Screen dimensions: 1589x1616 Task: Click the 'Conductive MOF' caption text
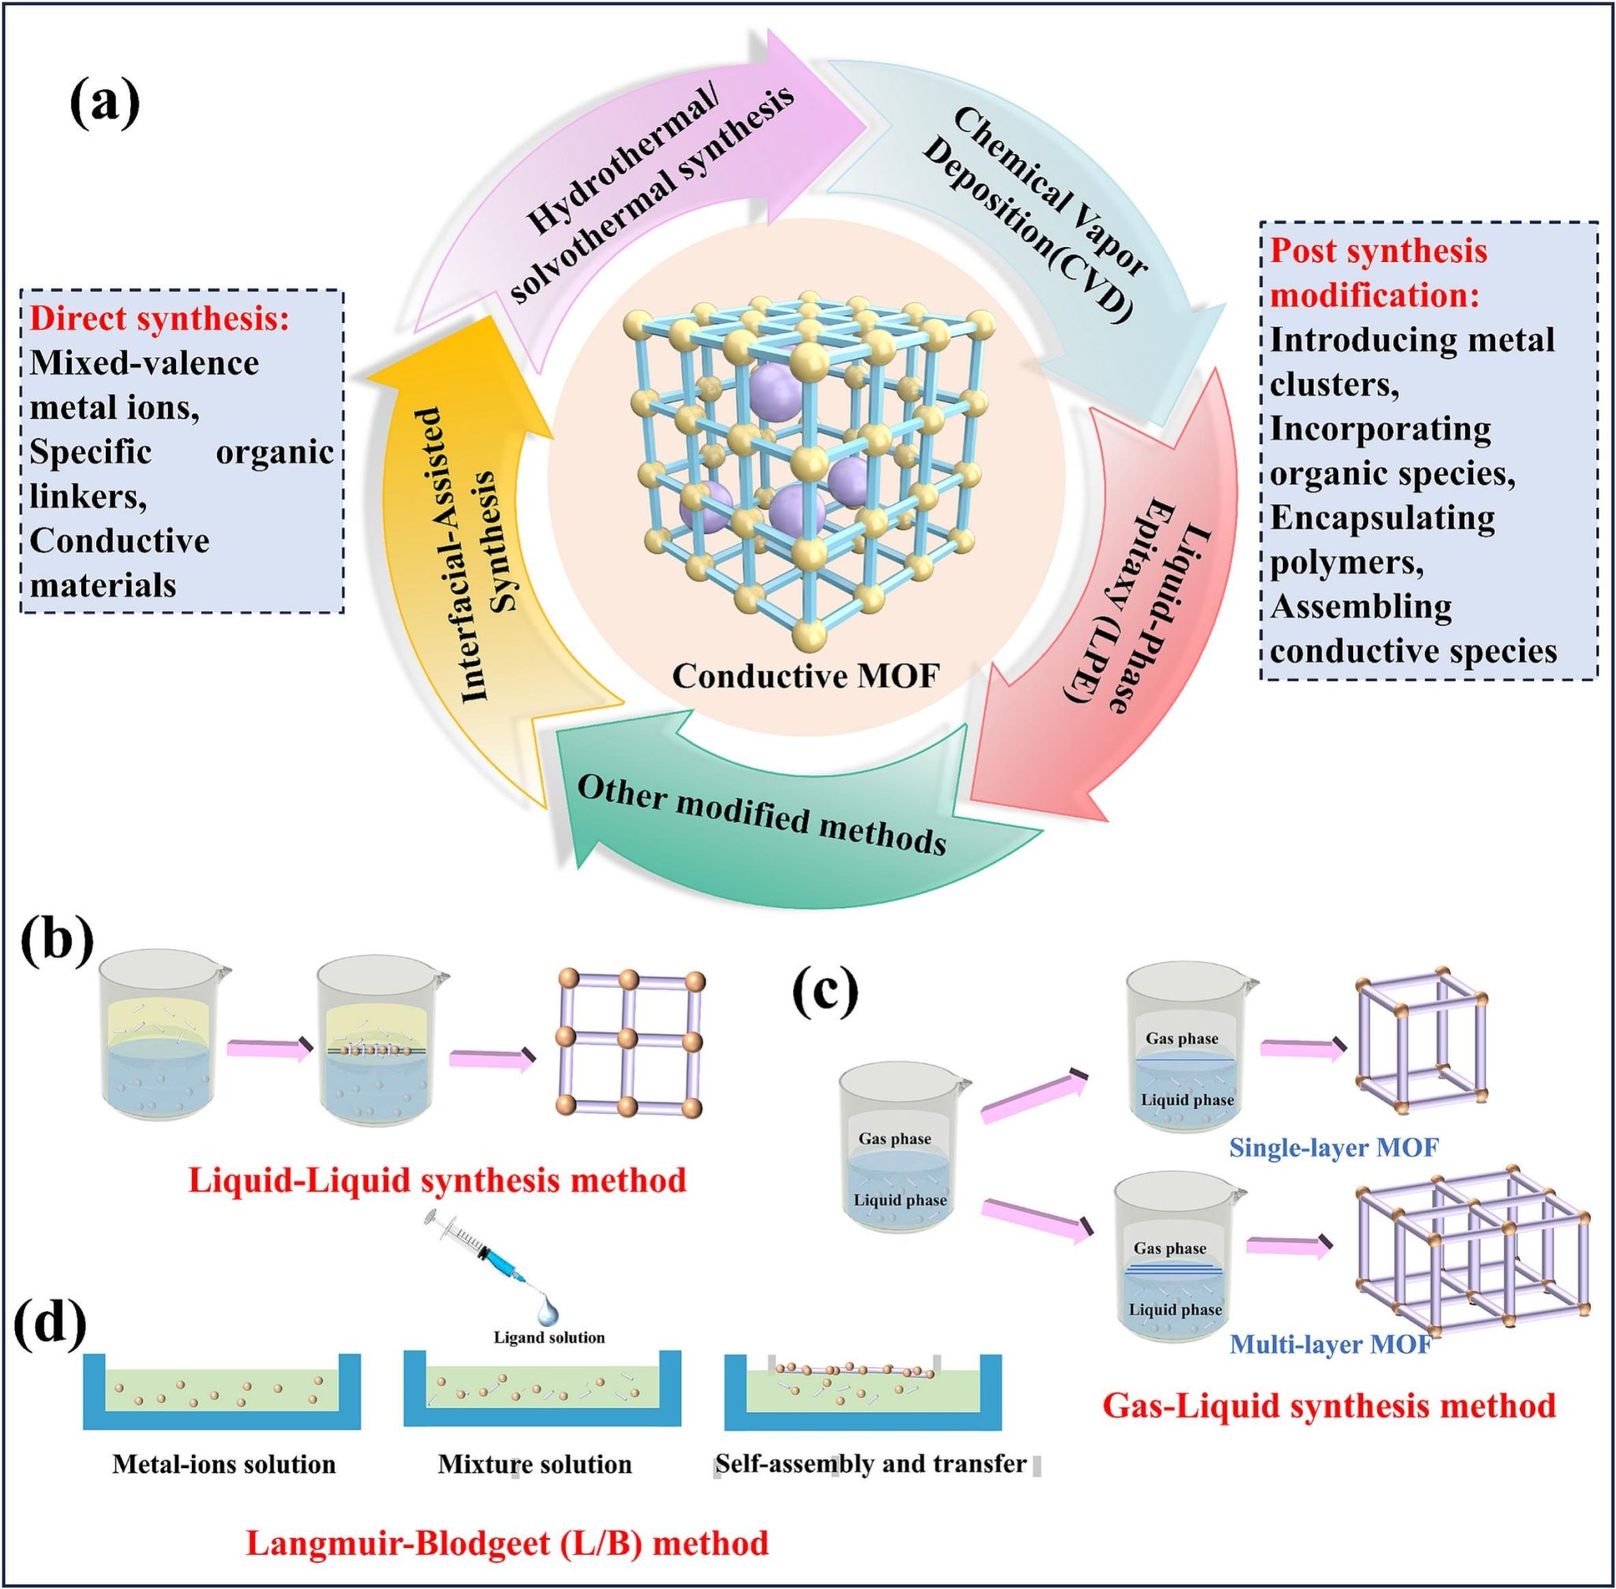tap(806, 675)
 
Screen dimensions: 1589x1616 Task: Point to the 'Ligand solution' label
tap(548, 1337)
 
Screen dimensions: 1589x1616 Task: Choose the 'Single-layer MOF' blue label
tap(1333, 1147)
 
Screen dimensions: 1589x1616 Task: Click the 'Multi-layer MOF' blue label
tap(1330, 1344)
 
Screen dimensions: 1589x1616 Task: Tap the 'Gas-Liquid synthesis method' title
tap(1329, 1405)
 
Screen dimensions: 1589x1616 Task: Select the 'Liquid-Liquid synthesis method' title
tap(437, 1180)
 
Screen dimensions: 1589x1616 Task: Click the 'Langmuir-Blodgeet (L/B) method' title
tap(507, 1542)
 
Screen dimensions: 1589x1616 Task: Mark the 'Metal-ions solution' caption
tap(224, 1464)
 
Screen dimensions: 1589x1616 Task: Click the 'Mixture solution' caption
tap(534, 1464)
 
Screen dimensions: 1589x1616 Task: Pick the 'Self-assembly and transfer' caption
tap(870, 1464)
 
